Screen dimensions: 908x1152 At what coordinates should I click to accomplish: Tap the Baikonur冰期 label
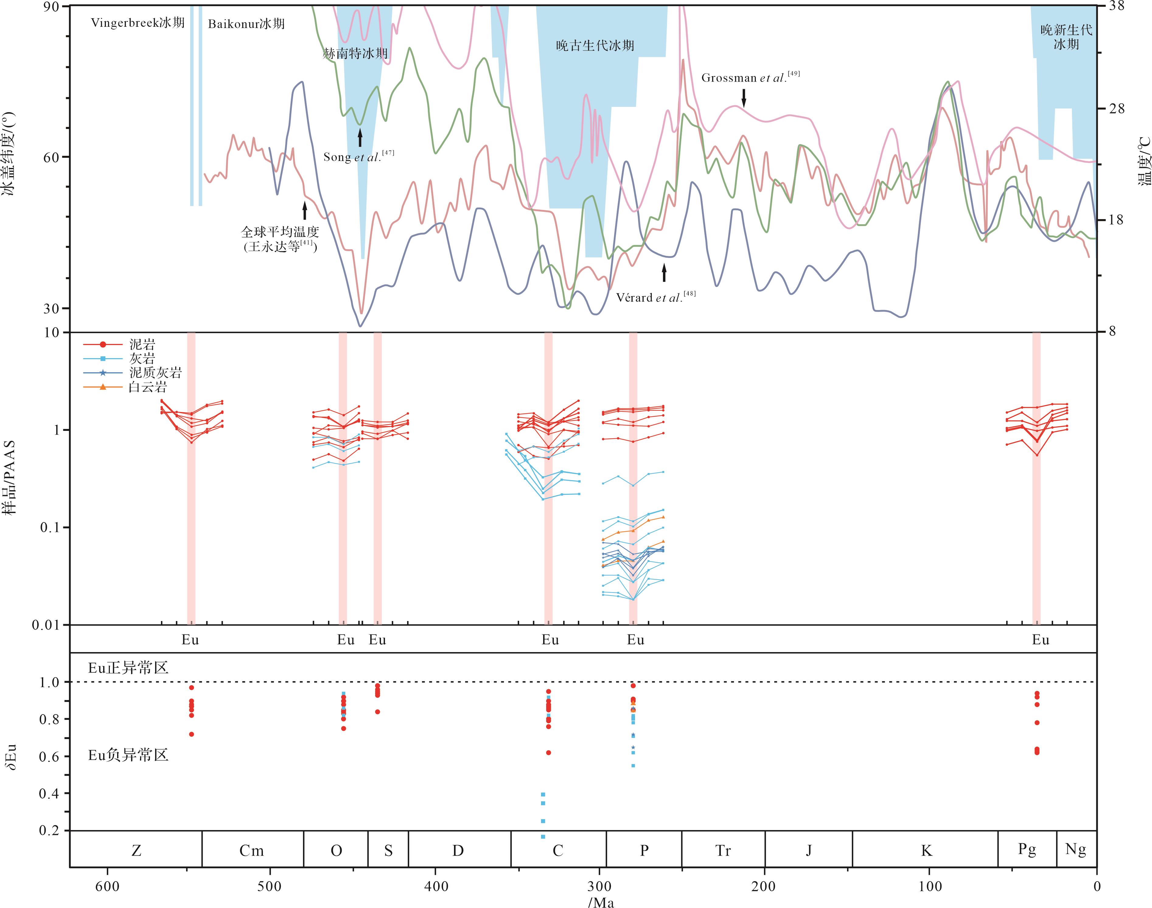click(x=246, y=24)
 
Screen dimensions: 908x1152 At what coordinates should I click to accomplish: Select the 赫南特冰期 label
click(x=355, y=53)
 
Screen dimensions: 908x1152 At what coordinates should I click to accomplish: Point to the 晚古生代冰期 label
click(x=595, y=46)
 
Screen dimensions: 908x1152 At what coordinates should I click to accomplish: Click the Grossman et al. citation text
click(x=750, y=78)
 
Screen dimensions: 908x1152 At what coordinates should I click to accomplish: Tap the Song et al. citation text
click(x=359, y=157)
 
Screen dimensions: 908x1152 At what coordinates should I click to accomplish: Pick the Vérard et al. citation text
click(x=655, y=297)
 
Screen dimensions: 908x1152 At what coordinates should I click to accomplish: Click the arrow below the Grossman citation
click(x=744, y=97)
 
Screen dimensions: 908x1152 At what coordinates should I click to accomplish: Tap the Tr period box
click(x=723, y=850)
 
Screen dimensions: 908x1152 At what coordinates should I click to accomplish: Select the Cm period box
click(x=251, y=850)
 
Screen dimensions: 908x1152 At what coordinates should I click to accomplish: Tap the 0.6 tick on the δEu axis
click(x=49, y=756)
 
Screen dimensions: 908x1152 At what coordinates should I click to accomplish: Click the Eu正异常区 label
click(x=128, y=668)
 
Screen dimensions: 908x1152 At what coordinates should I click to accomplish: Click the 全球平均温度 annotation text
click(x=280, y=232)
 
